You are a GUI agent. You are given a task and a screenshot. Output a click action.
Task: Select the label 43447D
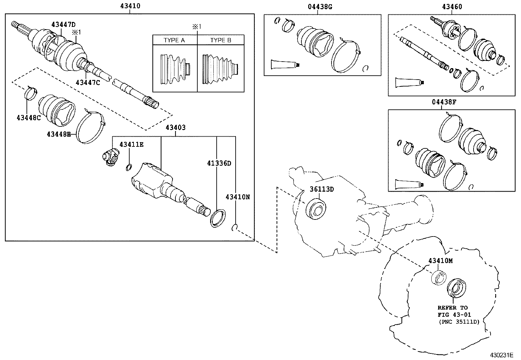pyautogui.click(x=63, y=24)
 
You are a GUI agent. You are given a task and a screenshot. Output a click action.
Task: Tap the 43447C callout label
pyautogui.click(x=87, y=83)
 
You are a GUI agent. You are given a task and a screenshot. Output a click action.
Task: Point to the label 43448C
pyautogui.click(x=28, y=118)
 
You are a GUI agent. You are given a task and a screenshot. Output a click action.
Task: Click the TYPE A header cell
pyautogui.click(x=174, y=40)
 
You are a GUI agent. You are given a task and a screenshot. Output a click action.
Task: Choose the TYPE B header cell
pyautogui.click(x=221, y=40)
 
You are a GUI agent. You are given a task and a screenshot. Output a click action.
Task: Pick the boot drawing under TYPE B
pyautogui.click(x=221, y=69)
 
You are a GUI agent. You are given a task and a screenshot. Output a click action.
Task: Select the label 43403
pyautogui.click(x=175, y=127)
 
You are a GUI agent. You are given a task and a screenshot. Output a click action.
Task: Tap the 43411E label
pyautogui.click(x=131, y=144)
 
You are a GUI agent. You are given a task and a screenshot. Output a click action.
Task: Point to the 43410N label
pyautogui.click(x=237, y=197)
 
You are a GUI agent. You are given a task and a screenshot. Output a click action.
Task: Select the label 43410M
pyautogui.click(x=440, y=260)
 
